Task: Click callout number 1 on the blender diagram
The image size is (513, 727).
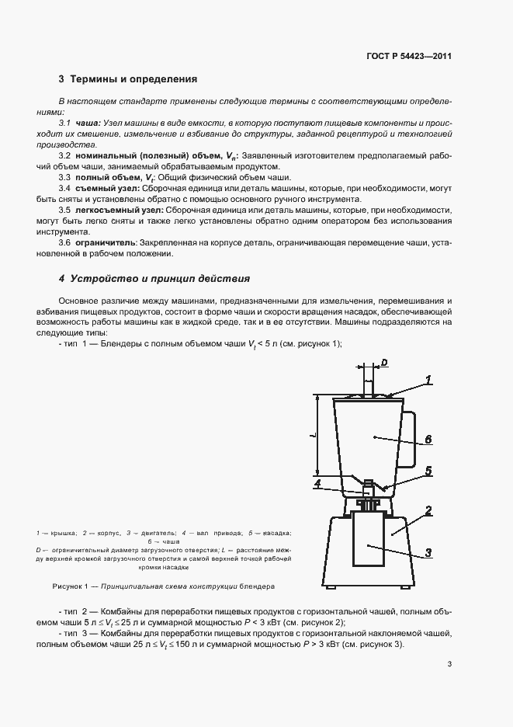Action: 427,380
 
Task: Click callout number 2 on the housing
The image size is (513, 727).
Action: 428,511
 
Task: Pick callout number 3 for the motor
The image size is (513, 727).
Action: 428,553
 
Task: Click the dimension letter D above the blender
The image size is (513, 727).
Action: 385,362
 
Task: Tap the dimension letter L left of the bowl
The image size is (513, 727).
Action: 311,437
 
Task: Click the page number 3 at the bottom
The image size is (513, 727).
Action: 450,663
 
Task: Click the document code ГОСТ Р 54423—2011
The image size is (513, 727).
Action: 410,56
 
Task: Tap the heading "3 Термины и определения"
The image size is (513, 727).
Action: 128,79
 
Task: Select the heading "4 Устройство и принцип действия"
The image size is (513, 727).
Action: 154,278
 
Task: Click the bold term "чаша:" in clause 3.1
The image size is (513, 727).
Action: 88,124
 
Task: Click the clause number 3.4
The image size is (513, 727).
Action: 65,188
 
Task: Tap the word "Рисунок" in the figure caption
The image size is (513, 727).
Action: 68,586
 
